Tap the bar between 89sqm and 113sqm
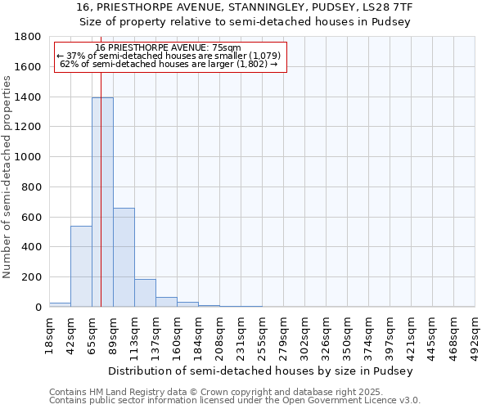124,257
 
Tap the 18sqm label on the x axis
50,333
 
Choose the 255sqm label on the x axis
263,335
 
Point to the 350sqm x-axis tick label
348,335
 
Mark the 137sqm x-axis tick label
156,335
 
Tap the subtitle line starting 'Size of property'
245,21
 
